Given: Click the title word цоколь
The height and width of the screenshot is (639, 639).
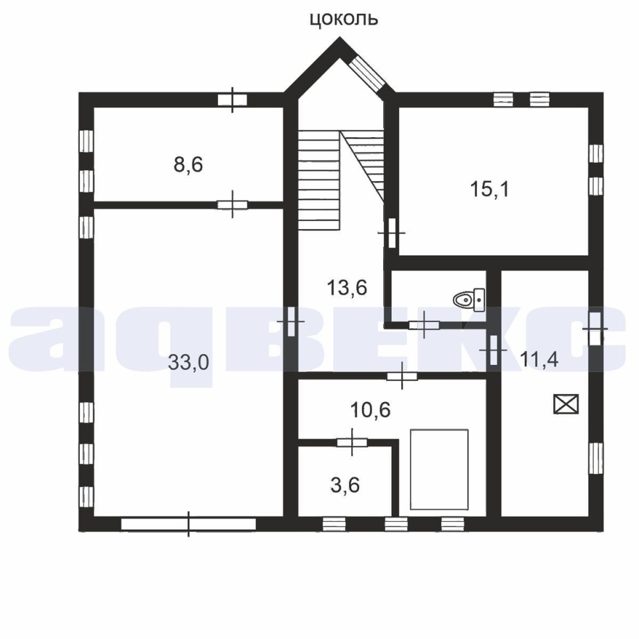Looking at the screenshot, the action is click(x=344, y=19).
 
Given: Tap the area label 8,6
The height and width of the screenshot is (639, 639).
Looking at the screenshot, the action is click(x=188, y=164).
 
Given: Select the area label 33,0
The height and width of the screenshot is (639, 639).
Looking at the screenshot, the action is click(x=189, y=362).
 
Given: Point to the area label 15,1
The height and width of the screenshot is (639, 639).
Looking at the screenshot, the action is click(x=490, y=190).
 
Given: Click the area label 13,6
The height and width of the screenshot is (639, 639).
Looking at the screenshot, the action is click(x=347, y=288).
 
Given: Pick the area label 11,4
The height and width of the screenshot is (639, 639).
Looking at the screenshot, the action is click(x=539, y=360).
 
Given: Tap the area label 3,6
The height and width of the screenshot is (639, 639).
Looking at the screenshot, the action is click(x=344, y=485).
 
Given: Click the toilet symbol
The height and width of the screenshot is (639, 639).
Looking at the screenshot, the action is click(x=469, y=300).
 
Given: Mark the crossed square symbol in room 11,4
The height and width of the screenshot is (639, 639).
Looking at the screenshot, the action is click(x=566, y=404).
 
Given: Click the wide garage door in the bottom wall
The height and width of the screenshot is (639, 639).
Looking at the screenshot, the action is click(x=189, y=524).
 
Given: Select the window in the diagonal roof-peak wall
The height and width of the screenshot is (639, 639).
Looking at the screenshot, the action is click(x=366, y=73).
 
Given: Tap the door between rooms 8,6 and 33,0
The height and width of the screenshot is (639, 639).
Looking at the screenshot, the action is click(x=232, y=204).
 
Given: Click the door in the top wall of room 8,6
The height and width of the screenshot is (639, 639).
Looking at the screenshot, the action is click(x=232, y=100).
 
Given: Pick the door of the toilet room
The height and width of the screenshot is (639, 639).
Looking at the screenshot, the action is click(x=424, y=325).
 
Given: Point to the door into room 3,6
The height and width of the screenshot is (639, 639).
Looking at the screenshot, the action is click(x=352, y=442).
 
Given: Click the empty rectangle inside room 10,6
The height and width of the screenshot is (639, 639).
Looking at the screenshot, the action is click(x=439, y=469).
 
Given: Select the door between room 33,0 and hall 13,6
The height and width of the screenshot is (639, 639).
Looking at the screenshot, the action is click(x=291, y=321).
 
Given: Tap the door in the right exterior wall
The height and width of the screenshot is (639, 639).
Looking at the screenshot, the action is click(x=595, y=328).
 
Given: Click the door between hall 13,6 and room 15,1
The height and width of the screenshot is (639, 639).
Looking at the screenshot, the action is click(x=392, y=233).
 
